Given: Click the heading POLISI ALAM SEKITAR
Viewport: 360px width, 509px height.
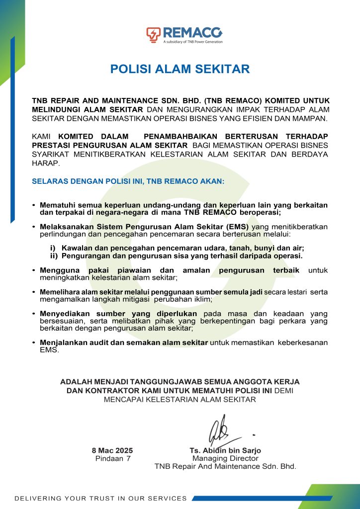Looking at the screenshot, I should coord(180,69).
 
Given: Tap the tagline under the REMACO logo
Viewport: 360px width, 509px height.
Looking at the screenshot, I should coord(192,42).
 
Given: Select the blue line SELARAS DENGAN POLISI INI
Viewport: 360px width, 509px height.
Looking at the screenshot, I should coord(128,181).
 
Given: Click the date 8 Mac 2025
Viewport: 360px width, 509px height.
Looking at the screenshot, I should coord(112,450).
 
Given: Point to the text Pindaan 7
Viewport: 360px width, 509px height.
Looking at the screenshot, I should coord(113,458).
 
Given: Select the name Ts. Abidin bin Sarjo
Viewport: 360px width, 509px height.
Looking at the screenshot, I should coord(222,450).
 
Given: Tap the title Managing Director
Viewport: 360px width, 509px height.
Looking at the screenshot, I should coord(225,458).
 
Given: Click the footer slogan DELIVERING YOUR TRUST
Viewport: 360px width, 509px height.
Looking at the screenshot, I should coord(101,498).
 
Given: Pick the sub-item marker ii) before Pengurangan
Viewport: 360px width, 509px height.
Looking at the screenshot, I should coord(54,255).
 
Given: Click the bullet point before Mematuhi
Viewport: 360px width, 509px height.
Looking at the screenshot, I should coord(33,205).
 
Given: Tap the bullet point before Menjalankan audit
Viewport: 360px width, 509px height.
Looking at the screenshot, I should coord(33,343).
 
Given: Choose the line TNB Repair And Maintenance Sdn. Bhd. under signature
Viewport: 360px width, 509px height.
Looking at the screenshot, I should coord(225,466).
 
